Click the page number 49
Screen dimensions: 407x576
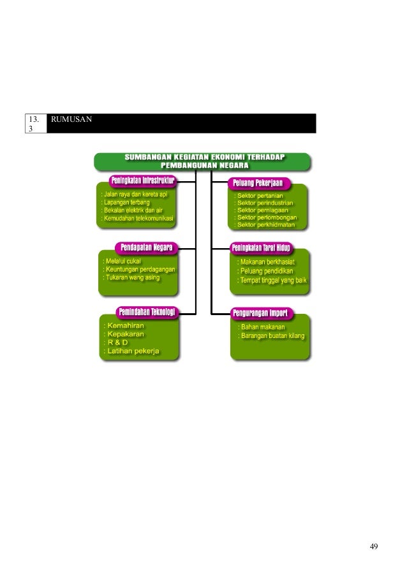tap(374, 546)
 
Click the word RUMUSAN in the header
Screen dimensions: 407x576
tap(70, 119)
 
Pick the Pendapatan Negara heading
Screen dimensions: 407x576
tap(147, 246)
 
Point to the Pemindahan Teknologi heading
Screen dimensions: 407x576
tap(146, 311)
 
